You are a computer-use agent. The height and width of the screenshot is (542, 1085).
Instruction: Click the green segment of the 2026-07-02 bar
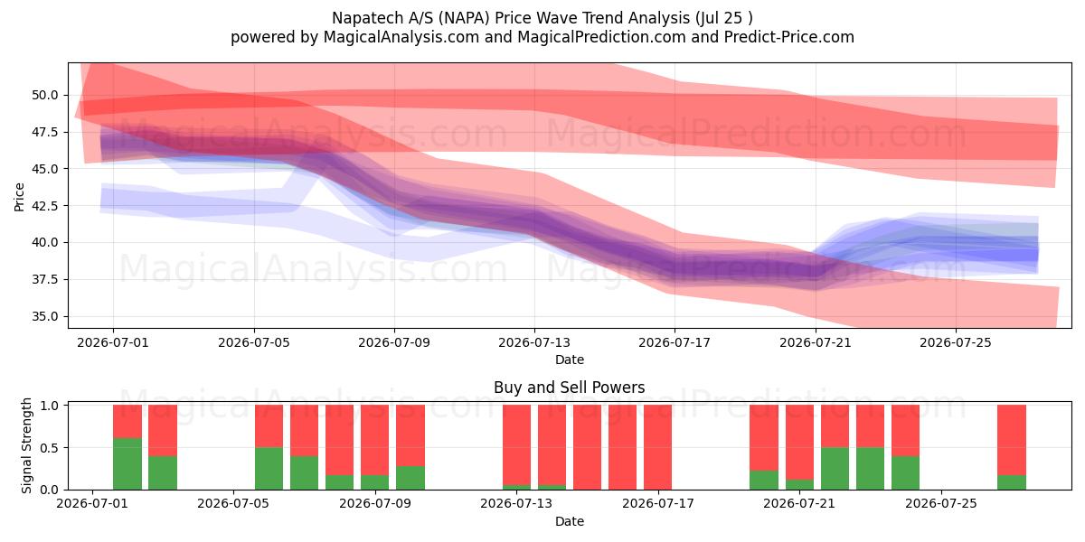pyautogui.click(x=127, y=463)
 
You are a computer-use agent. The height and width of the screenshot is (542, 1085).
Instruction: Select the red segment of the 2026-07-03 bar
pyautogui.click(x=163, y=430)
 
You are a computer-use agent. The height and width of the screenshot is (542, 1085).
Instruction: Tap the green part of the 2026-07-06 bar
pyautogui.click(x=269, y=469)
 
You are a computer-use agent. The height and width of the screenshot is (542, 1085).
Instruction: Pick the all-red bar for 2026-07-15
pyautogui.click(x=587, y=447)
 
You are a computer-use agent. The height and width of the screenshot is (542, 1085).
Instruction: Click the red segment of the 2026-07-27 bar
pyautogui.click(x=1012, y=440)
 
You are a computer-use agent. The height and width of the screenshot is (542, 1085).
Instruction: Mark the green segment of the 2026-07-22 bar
pyautogui.click(x=835, y=469)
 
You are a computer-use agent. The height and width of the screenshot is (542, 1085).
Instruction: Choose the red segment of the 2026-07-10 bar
pyautogui.click(x=410, y=435)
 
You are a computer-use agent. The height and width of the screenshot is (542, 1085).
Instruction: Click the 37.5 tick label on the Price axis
pyautogui.click(x=44, y=280)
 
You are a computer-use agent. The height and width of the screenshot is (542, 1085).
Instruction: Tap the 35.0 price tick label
pyautogui.click(x=44, y=316)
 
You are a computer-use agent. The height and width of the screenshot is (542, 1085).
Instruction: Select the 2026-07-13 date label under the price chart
pyautogui.click(x=534, y=342)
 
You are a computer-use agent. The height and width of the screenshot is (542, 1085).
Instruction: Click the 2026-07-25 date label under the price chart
pyautogui.click(x=956, y=342)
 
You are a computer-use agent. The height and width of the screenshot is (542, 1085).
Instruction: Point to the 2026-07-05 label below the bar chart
pyautogui.click(x=233, y=504)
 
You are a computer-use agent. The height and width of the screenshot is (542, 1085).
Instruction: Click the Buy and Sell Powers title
pyautogui.click(x=569, y=388)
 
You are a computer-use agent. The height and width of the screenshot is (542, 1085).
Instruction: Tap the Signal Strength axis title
pyautogui.click(x=26, y=445)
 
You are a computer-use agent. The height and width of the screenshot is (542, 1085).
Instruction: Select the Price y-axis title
pyautogui.click(x=19, y=197)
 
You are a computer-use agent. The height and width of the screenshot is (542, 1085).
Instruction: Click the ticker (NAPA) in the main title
pyautogui.click(x=463, y=18)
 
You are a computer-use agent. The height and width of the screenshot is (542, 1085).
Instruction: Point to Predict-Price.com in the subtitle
pyautogui.click(x=789, y=37)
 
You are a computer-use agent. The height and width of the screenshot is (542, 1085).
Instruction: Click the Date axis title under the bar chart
pyautogui.click(x=570, y=521)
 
